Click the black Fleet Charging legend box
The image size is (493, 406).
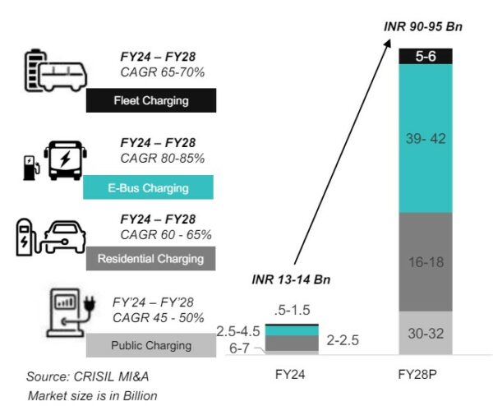click(x=150, y=101)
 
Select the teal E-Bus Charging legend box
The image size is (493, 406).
click(x=149, y=187)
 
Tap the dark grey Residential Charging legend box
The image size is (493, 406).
click(x=150, y=259)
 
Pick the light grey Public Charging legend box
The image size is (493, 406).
click(x=150, y=346)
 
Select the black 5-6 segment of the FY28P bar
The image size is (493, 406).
click(x=426, y=57)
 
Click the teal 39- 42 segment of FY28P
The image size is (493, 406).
click(x=426, y=138)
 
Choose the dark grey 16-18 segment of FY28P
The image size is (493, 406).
click(x=426, y=261)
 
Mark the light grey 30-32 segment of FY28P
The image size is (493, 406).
click(x=426, y=333)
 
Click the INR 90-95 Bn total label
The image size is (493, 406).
click(x=424, y=26)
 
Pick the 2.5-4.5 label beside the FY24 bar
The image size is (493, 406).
click(x=238, y=331)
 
